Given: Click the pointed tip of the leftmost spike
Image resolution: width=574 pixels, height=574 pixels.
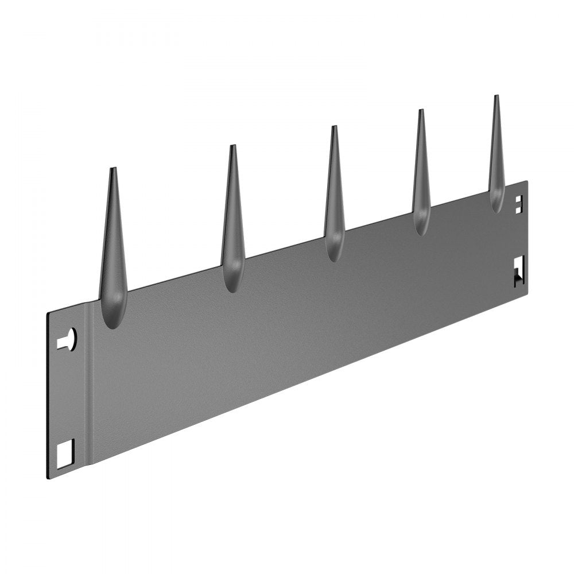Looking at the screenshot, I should coord(113,169).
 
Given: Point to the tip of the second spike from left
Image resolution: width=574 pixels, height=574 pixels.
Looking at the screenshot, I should coord(232,146).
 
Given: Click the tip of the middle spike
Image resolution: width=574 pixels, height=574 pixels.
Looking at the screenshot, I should coord(334,127).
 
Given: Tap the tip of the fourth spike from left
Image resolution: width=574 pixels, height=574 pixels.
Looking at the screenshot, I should coord(421,111).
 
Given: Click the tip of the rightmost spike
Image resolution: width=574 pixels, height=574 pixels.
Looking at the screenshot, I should coord(496,96).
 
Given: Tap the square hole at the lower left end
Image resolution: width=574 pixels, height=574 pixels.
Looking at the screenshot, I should coord(65,453).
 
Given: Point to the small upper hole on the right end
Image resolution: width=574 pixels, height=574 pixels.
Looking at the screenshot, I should coord(518,204).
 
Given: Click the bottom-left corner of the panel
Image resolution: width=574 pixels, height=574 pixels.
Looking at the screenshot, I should coord(48,479).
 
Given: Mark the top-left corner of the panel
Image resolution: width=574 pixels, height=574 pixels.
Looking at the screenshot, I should coord(48,313).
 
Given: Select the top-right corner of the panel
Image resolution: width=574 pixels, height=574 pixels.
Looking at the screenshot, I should coord(526,182).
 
